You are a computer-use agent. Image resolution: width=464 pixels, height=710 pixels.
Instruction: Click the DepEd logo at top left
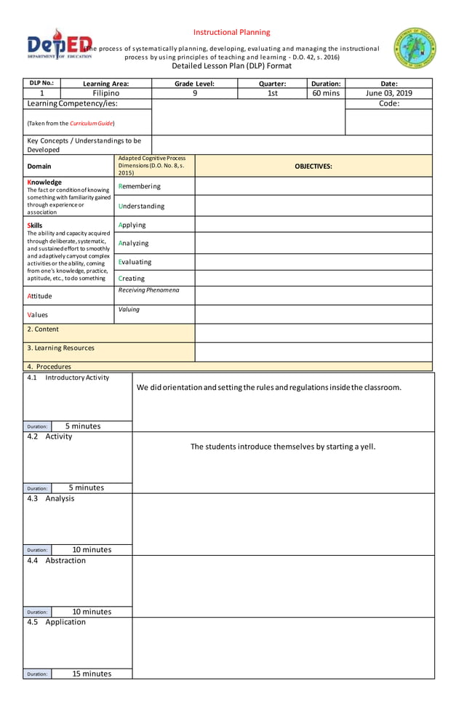(x=59, y=47)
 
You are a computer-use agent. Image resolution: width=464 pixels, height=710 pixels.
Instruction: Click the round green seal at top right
(x=415, y=49)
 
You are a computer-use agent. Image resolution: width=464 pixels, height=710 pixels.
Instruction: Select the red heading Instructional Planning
(x=231, y=32)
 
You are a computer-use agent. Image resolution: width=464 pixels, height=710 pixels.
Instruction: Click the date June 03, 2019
(x=388, y=93)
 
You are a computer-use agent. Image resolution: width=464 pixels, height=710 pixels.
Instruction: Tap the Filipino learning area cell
(x=106, y=93)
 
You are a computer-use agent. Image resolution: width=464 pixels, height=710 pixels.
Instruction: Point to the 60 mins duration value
(x=325, y=93)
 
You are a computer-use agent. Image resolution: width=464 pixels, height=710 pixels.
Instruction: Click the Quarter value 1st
(x=272, y=93)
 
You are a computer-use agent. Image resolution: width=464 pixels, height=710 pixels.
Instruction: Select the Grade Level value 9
(x=194, y=93)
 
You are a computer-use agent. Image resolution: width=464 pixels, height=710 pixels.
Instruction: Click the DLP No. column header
(x=41, y=83)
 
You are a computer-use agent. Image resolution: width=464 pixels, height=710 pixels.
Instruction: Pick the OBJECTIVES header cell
(x=313, y=166)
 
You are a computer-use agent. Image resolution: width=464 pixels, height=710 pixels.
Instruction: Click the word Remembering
(x=139, y=186)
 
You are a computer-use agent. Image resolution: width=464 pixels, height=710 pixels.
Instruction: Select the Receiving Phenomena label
(x=148, y=290)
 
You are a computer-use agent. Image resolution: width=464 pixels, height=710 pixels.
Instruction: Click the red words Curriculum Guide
(x=91, y=123)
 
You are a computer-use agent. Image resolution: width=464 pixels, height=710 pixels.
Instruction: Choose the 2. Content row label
(x=43, y=329)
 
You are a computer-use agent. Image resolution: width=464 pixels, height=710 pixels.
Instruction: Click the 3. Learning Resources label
(x=60, y=348)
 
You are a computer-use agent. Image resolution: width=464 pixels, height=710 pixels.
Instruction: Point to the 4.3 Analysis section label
(x=50, y=498)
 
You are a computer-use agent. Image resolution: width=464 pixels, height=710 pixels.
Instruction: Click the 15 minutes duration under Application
(x=92, y=674)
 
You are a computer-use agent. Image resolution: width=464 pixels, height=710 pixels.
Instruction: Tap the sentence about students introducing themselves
(x=283, y=446)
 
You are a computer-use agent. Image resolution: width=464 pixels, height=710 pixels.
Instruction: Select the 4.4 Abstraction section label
(x=56, y=560)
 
